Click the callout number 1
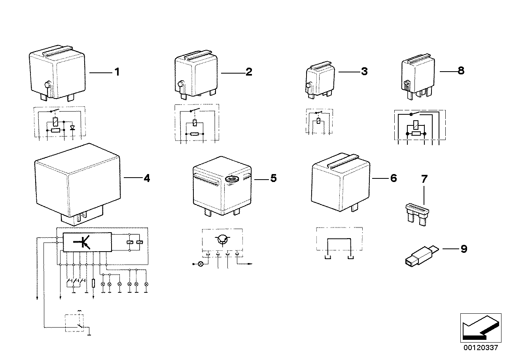[x=117, y=72]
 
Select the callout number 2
[x=249, y=72]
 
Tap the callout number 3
[x=364, y=72]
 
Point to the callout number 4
[x=147, y=178]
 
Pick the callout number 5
[x=273, y=178]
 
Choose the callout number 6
[x=393, y=178]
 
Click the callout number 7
[x=424, y=179]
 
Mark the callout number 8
[x=461, y=71]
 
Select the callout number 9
[x=464, y=249]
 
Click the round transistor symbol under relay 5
[x=222, y=239]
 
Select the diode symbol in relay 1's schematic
[x=72, y=128]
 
